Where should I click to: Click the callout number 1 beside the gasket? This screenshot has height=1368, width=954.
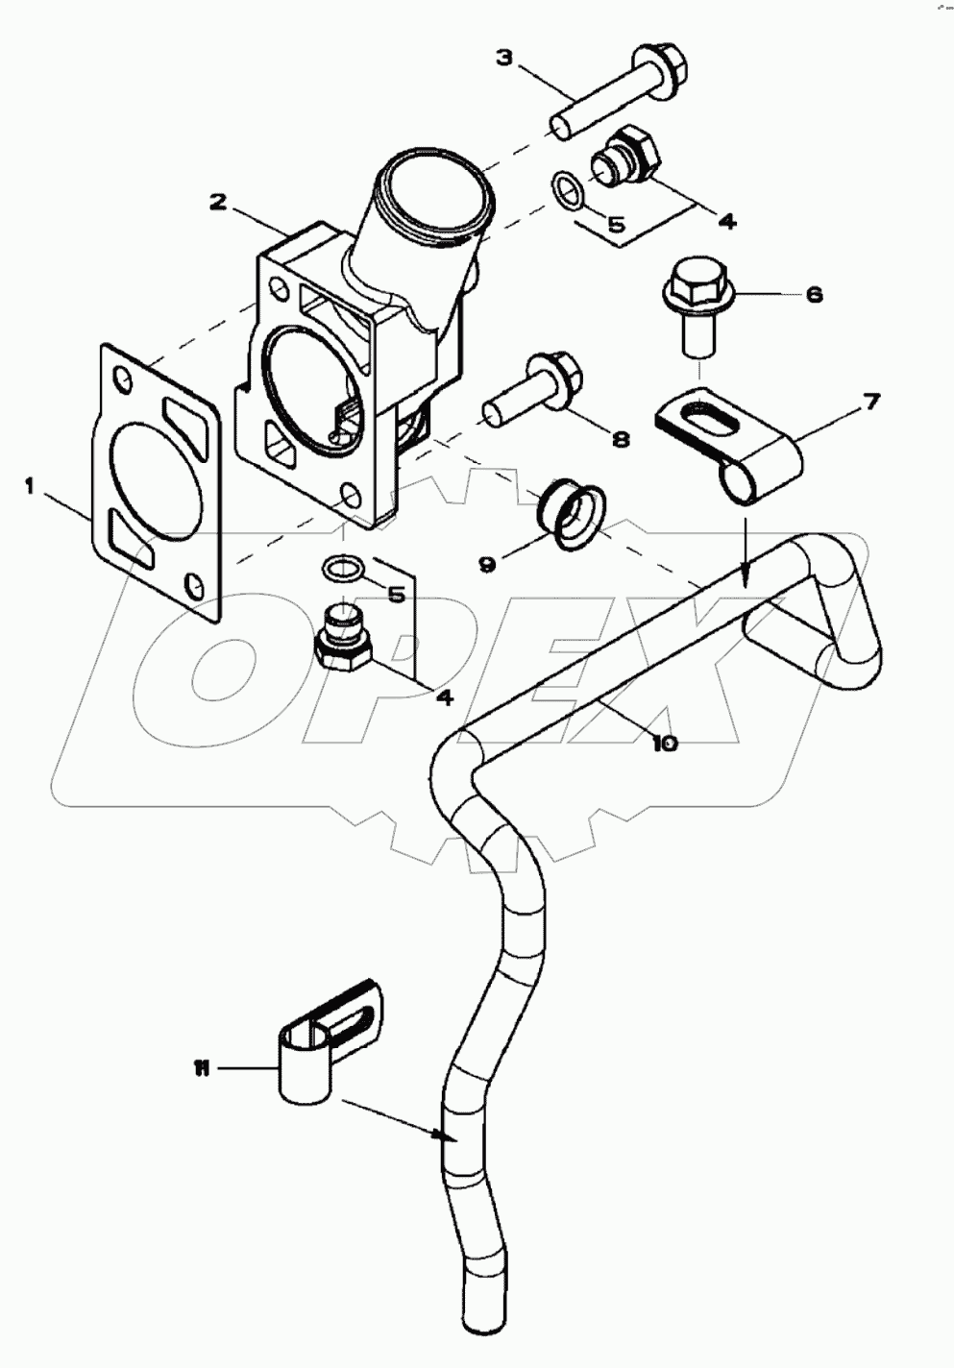tap(30, 488)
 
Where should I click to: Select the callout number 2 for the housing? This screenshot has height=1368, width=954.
tap(218, 202)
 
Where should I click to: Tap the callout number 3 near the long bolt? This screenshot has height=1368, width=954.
tap(504, 58)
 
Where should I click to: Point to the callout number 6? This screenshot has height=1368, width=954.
tap(814, 294)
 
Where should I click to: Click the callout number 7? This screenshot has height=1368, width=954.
tap(869, 402)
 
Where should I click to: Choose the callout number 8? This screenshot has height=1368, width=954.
tap(621, 438)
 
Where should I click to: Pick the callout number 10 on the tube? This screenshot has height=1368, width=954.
tap(665, 743)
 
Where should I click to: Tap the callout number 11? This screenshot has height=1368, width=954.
tap(202, 1068)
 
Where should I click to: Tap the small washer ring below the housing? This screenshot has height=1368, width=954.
tap(342, 569)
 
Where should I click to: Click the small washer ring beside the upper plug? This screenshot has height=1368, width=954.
tap(568, 190)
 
